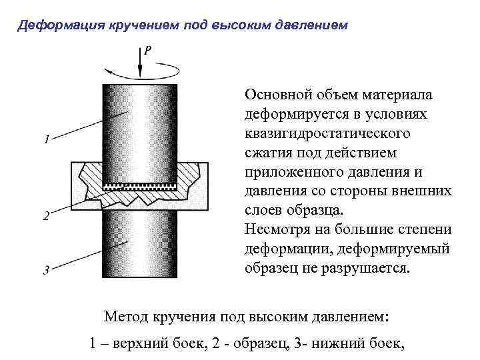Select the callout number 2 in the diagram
pos(46,215)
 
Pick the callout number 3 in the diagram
pos(46,270)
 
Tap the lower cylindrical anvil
pos(139,247)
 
